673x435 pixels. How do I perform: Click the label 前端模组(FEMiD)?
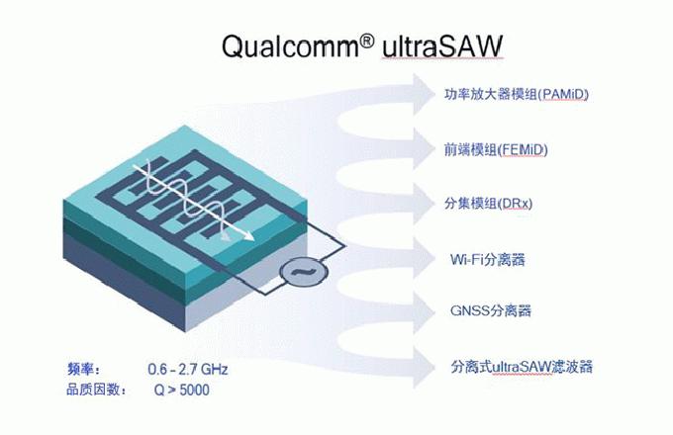(496, 150)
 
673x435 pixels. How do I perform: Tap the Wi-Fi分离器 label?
(486, 260)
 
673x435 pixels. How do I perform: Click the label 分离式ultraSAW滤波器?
(521, 367)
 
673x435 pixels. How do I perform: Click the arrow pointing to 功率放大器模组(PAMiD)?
(416, 97)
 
